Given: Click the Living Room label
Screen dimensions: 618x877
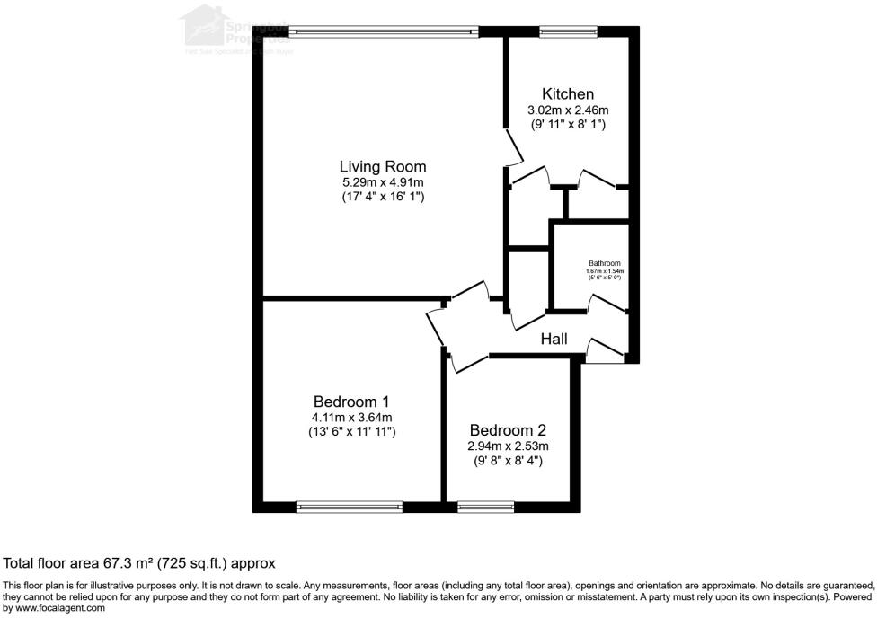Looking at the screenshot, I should point(382,166).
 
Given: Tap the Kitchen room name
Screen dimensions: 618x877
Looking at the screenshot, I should point(567,94).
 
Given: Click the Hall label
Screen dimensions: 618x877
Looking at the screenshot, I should point(554,339).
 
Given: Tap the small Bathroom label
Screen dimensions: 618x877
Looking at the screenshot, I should point(604,263).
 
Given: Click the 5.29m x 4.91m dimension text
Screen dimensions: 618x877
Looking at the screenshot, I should point(382,181).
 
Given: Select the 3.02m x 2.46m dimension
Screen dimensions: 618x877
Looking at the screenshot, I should point(567,110).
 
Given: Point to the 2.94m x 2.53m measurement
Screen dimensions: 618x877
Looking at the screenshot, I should point(508,446).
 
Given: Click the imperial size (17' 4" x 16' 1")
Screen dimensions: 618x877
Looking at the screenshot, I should point(382,196).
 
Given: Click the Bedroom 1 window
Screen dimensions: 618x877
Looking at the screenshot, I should point(350,507).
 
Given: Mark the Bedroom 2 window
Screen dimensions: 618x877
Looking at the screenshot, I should point(485,507).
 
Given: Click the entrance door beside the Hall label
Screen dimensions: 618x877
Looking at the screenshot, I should point(604,351).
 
